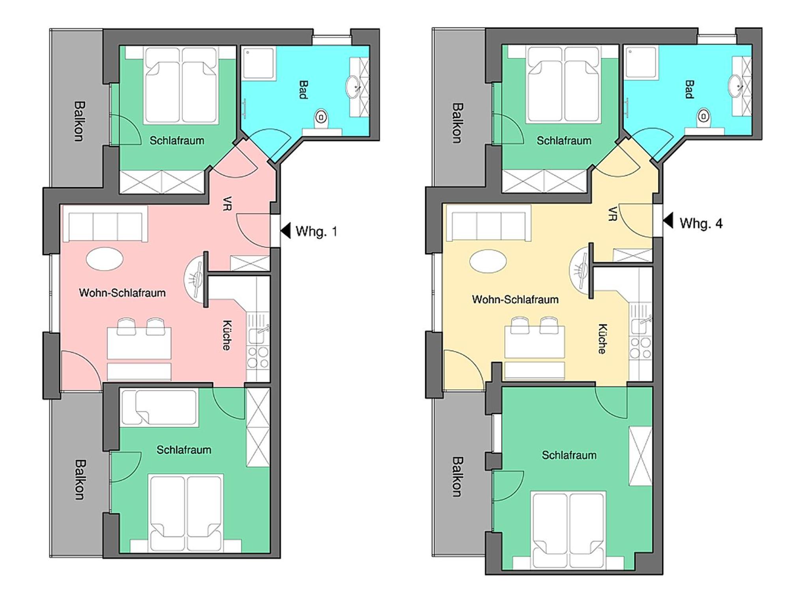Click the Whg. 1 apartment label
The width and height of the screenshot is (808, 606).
316,231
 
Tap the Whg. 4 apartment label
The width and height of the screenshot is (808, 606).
701,223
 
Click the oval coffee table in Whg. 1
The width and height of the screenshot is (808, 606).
105,259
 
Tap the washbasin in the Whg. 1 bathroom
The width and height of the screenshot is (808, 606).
354,87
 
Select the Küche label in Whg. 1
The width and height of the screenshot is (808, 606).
227,335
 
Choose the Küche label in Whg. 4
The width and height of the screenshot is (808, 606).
602,339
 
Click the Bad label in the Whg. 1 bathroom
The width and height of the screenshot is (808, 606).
303,90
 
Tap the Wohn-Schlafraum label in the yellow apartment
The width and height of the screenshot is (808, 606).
515,299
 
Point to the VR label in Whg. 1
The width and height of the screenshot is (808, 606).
227,203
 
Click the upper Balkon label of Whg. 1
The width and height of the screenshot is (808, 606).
79,121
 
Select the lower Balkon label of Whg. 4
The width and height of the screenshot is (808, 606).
457,477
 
